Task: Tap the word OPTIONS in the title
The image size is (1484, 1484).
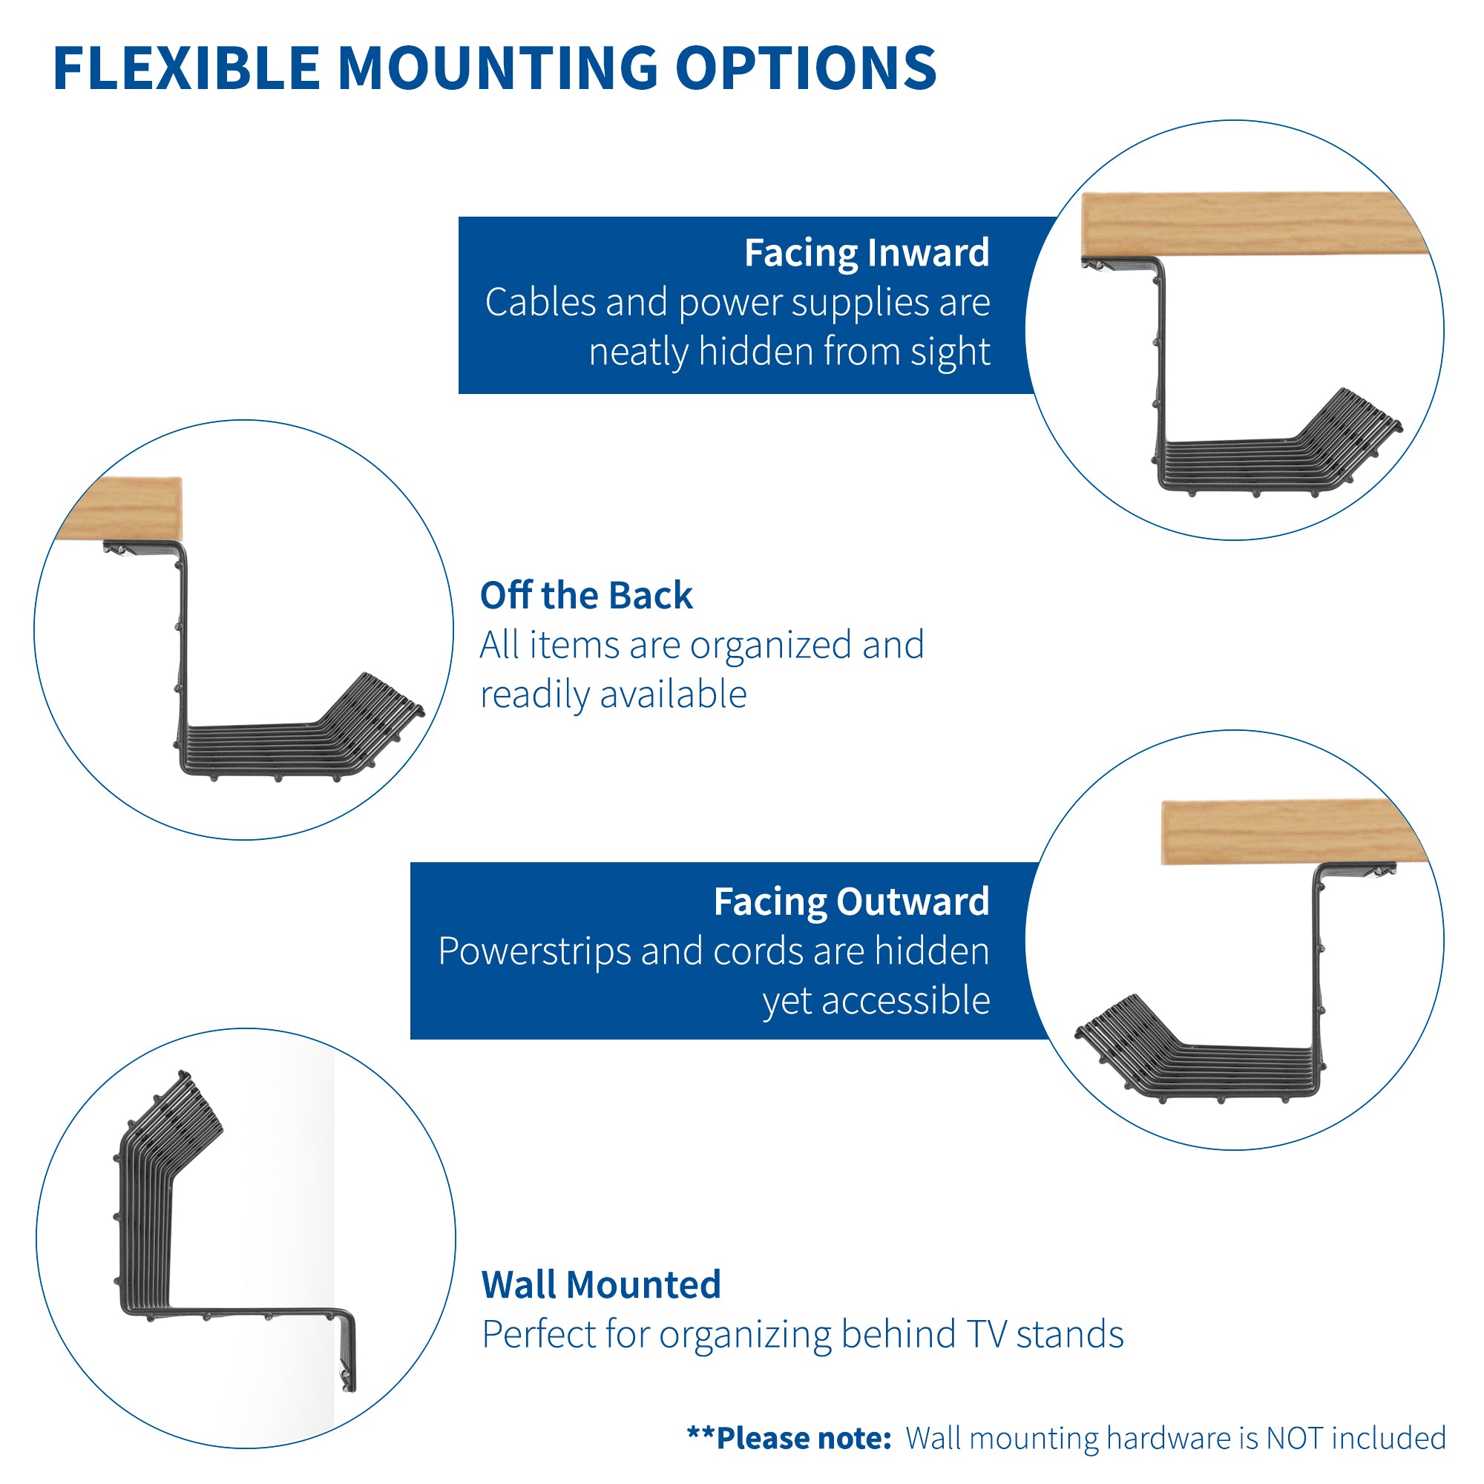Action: point(806,68)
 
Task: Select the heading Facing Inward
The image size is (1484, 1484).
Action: point(867,253)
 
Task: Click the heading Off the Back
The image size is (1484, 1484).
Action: point(586,595)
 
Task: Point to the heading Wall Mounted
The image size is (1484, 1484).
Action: point(601,1284)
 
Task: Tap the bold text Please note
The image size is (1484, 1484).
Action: point(802,1438)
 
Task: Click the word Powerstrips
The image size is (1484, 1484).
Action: point(533,951)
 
